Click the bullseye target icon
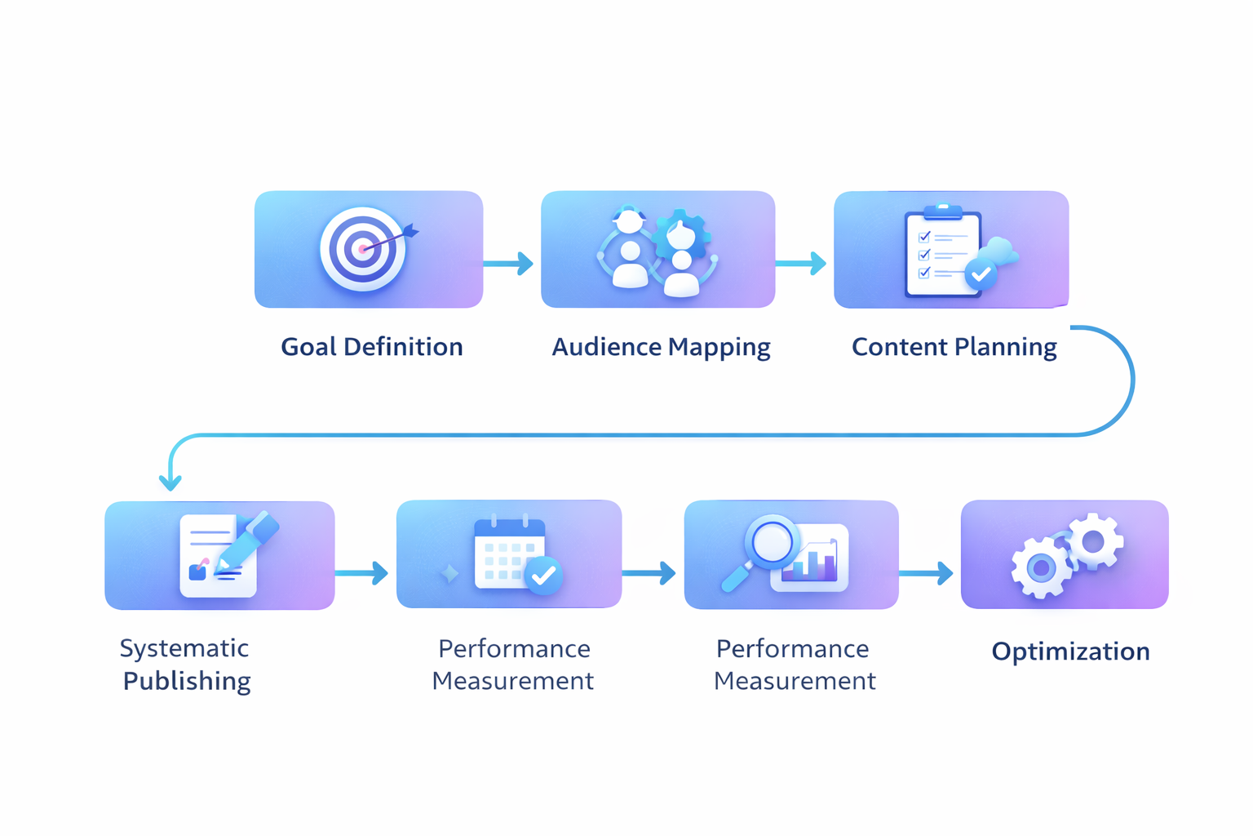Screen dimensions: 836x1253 click(x=363, y=249)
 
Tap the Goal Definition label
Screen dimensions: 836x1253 click(x=372, y=347)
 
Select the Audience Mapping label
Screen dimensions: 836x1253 click(x=661, y=347)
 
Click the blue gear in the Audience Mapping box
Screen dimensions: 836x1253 click(x=682, y=233)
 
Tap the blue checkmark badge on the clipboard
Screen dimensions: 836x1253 click(x=981, y=275)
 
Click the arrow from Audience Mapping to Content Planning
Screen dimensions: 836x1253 click(x=801, y=264)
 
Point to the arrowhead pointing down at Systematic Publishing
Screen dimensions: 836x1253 click(x=170, y=482)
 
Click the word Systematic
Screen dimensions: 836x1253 click(x=184, y=648)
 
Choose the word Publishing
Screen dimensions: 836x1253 click(x=187, y=681)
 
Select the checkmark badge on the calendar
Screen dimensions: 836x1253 click(x=543, y=576)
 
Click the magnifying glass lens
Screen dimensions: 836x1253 click(x=772, y=540)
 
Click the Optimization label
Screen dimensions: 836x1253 click(x=1070, y=651)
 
